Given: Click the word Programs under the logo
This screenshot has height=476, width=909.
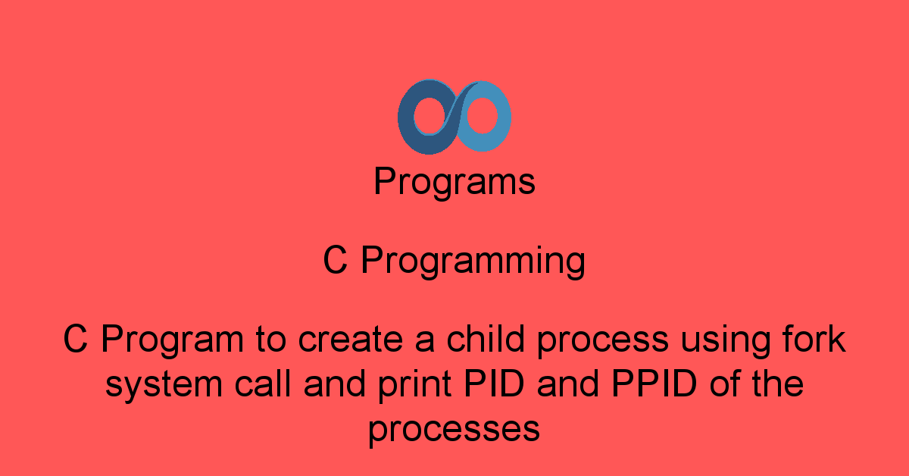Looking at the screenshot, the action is [454, 183].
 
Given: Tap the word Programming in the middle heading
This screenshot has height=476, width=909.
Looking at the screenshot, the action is [473, 261].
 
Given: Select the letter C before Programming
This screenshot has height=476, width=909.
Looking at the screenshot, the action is [335, 260].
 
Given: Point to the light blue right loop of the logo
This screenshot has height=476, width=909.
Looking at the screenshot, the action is [503, 117].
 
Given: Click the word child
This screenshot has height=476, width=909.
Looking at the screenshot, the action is [486, 338].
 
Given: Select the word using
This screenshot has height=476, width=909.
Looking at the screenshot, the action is [725, 342].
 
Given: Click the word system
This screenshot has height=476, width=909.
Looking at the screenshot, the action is [164, 384].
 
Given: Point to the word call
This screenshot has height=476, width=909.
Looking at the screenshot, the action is [263, 383].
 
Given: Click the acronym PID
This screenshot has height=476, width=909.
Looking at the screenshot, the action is [494, 383].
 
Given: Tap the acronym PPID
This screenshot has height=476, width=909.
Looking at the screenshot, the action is [654, 383].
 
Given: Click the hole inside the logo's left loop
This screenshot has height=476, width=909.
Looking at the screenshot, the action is [430, 116].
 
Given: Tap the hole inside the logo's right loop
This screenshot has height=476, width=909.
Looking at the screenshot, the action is [482, 115].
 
